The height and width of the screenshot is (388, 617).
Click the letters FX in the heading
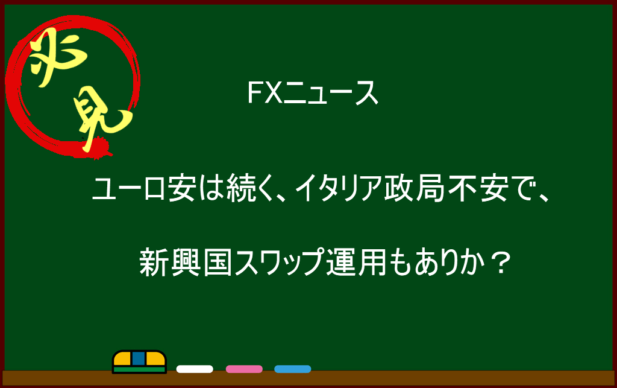click(x=265, y=93)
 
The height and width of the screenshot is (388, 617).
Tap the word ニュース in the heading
click(x=331, y=94)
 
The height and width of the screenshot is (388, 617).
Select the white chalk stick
click(x=195, y=369)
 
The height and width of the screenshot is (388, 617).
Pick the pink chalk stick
click(x=244, y=369)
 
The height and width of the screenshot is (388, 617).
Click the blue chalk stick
click(x=293, y=369)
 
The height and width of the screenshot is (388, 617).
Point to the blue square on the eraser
click(x=139, y=358)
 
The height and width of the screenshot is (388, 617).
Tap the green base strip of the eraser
click(x=139, y=370)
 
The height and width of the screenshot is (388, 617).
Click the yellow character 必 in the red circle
click(x=58, y=59)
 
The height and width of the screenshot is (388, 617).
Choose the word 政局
click(x=415, y=189)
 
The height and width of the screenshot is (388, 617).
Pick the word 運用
click(x=357, y=262)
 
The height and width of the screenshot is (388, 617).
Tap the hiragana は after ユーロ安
click(x=210, y=189)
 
